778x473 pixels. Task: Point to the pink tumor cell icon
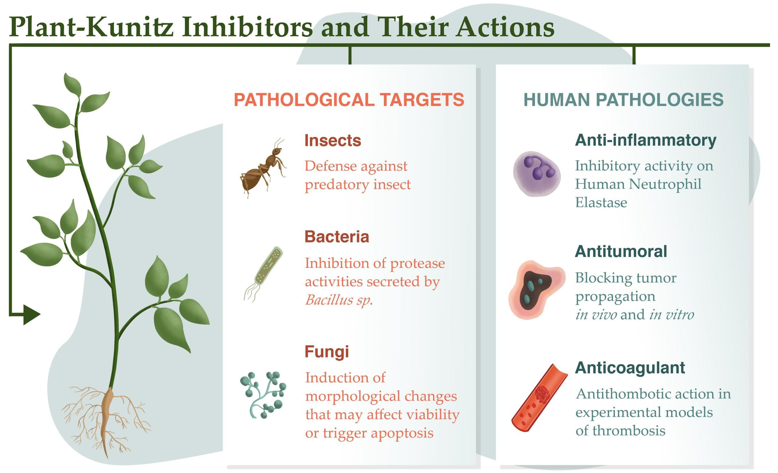click(536, 290)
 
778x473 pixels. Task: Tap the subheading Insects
click(333, 140)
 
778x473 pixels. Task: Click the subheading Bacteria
click(337, 236)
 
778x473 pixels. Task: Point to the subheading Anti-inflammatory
click(646, 140)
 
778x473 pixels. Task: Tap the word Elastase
click(601, 202)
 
